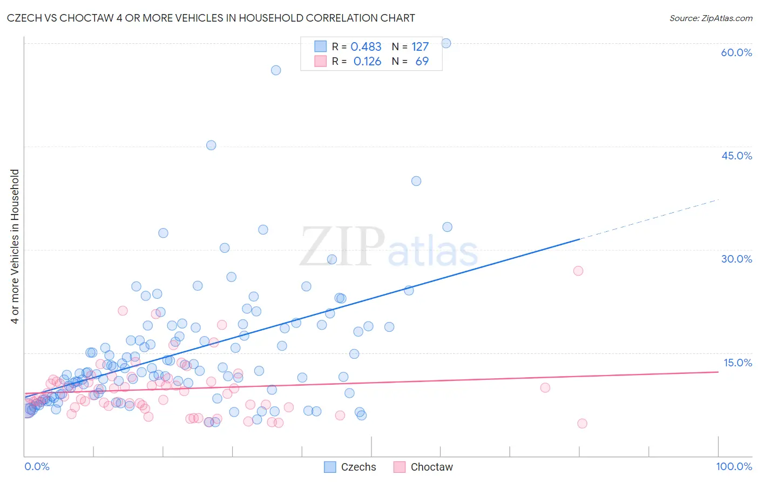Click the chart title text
tap(211, 18)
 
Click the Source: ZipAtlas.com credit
tap(710, 18)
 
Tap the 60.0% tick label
tap(736, 52)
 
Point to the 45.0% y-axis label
tap(736, 156)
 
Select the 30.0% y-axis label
tap(736, 259)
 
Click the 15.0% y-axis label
tap(736, 363)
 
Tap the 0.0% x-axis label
tap(37, 466)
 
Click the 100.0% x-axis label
tap(734, 466)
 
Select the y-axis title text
tap(15, 246)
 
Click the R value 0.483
tap(366, 47)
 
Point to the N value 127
tap(420, 47)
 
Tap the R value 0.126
tap(367, 62)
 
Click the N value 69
tap(422, 62)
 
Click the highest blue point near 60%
tap(446, 43)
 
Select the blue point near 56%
tap(276, 70)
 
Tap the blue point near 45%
tap(211, 145)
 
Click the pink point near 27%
tap(578, 271)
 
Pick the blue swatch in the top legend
tap(321, 46)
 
